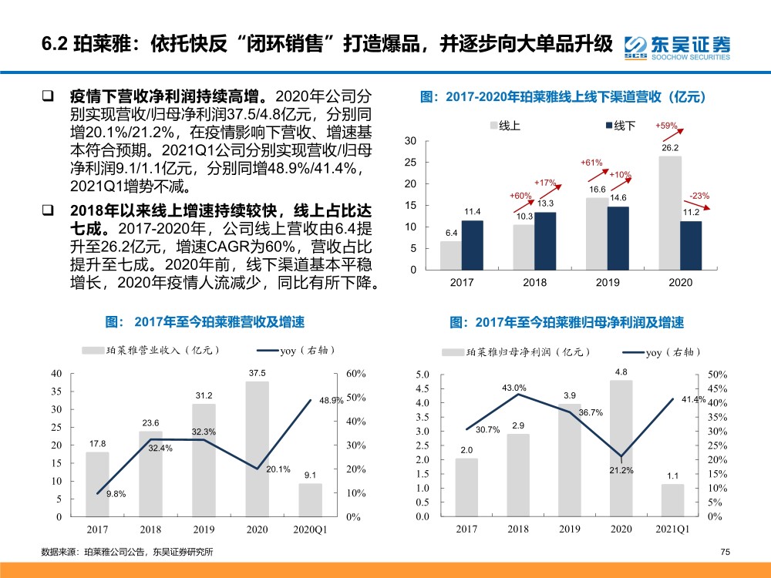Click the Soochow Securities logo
click(x=677, y=48)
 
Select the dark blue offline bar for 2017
click(x=472, y=245)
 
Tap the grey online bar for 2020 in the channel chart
click(x=670, y=213)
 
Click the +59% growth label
click(x=666, y=126)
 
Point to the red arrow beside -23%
click(x=697, y=206)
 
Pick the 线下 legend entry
click(x=621, y=126)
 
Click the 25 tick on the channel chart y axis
click(x=410, y=162)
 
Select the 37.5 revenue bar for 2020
click(x=258, y=449)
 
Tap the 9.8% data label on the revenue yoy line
click(x=116, y=494)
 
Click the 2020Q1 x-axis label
click(x=310, y=529)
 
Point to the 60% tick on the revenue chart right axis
click(x=356, y=374)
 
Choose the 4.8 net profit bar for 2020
click(x=621, y=449)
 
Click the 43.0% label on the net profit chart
click(x=513, y=388)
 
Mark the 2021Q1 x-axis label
click(x=672, y=529)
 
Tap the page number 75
click(x=726, y=552)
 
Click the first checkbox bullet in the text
click(x=48, y=96)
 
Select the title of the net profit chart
click(x=567, y=322)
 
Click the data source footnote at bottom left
click(x=127, y=552)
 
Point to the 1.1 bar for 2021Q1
click(x=672, y=500)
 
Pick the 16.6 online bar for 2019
click(x=597, y=234)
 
